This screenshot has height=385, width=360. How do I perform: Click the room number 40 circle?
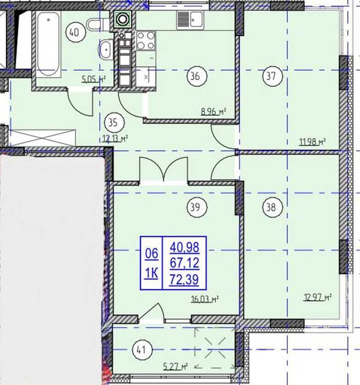pyautogui.click(x=76, y=32)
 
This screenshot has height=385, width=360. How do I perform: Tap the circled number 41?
pyautogui.click(x=142, y=350)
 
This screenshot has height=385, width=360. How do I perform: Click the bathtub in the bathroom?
pyautogui.click(x=48, y=44)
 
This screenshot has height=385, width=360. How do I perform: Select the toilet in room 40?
pyautogui.click(x=98, y=25)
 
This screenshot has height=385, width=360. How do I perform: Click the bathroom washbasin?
pyautogui.click(x=106, y=49)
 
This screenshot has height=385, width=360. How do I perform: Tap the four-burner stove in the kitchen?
pyautogui.click(x=146, y=41)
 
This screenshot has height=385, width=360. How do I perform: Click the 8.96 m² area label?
pyautogui.click(x=214, y=112)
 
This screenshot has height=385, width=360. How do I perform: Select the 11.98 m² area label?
pyautogui.click(x=313, y=142)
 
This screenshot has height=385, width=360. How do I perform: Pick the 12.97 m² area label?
pyautogui.click(x=318, y=297)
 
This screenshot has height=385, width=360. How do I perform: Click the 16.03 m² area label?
pyautogui.click(x=205, y=299)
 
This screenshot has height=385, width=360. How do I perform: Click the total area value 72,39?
pyautogui.click(x=184, y=280)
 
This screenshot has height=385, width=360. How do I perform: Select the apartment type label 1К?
pyautogui.click(x=152, y=273)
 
